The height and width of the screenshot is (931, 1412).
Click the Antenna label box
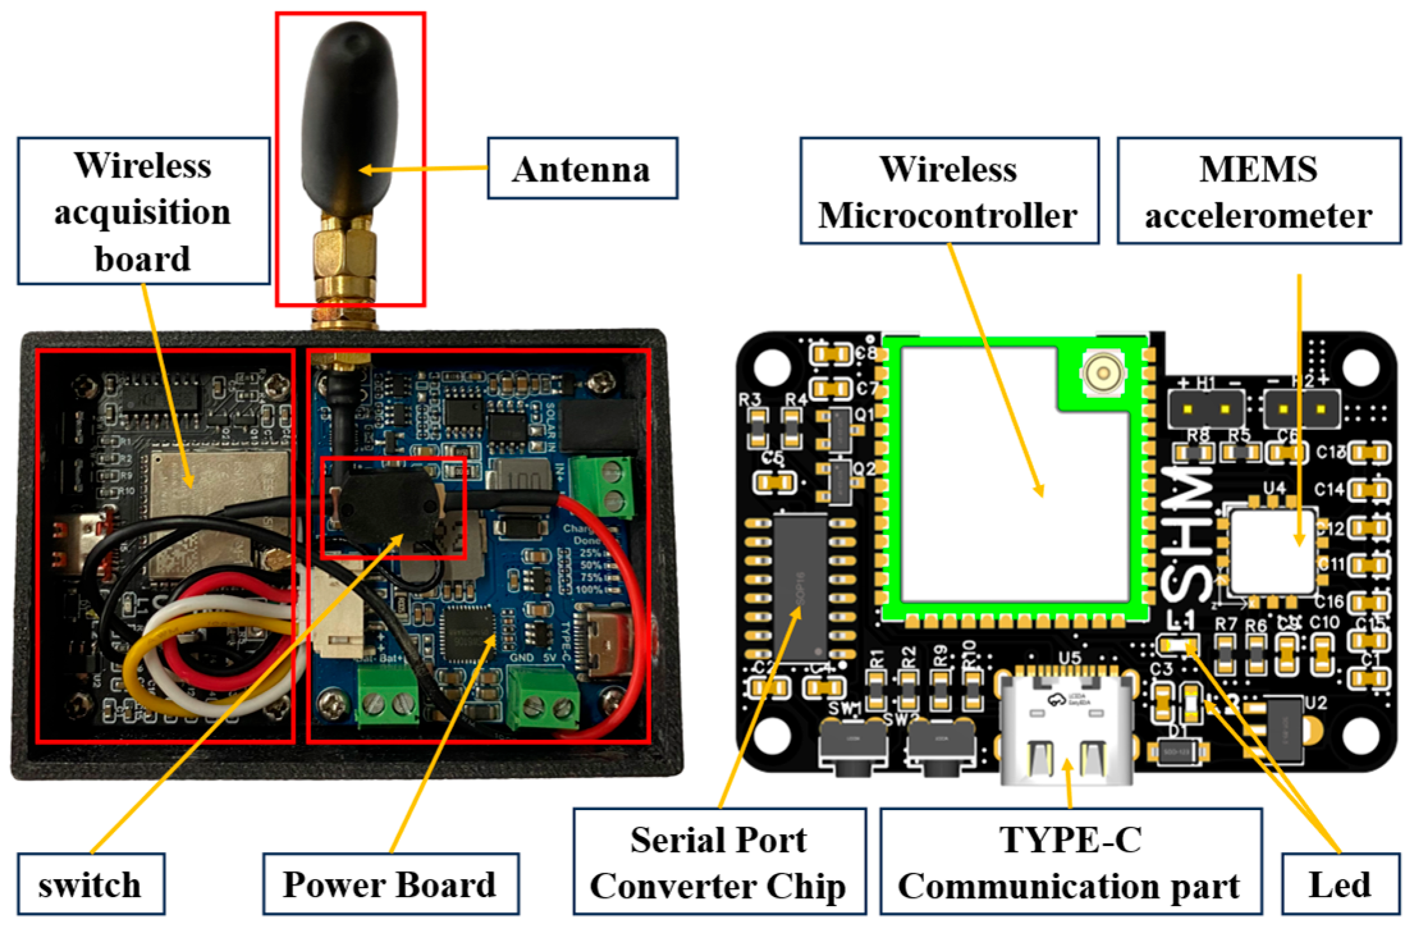[582, 168]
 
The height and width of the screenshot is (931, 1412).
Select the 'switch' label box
[90, 884]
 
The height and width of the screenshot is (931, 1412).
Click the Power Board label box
[390, 884]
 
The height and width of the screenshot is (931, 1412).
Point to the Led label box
[1340, 884]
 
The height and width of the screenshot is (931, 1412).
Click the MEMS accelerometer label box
[1258, 191]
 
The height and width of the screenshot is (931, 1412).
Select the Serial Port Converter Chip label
[719, 861]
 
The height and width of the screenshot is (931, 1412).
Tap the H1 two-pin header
[1206, 410]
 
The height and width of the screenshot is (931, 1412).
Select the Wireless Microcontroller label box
[949, 191]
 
